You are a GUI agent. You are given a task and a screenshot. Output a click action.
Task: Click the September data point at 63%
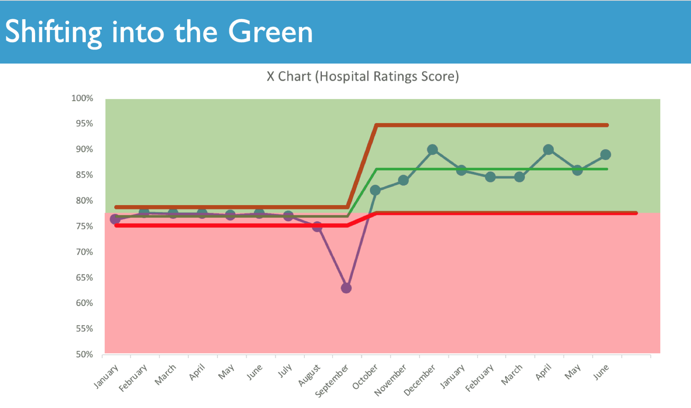point(346,288)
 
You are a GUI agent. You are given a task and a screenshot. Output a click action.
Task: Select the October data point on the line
point(375,190)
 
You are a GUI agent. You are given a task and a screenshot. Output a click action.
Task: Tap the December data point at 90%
point(432,150)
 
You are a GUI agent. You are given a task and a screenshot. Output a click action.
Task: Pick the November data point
point(404,180)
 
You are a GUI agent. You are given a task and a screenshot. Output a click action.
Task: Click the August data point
point(317,227)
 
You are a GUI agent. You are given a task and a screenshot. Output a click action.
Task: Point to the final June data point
point(606,155)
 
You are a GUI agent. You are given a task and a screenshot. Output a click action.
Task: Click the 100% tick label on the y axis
point(82,98)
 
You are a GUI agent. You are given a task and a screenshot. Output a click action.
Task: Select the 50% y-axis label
point(84,354)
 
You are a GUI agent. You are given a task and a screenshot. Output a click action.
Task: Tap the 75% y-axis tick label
point(84,226)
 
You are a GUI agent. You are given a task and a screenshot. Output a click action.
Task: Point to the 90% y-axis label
point(84,149)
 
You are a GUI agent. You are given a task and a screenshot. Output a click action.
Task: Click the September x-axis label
point(332,381)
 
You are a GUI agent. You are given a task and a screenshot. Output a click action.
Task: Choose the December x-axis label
point(419,380)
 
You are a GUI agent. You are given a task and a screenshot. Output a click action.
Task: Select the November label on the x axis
point(390,380)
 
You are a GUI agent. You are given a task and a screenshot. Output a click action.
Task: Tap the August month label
point(309,375)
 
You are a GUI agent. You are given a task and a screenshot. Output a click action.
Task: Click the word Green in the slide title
point(270,32)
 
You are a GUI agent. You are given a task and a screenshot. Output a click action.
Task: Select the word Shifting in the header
point(53,32)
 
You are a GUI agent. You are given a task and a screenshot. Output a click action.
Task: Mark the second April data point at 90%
point(548,150)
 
